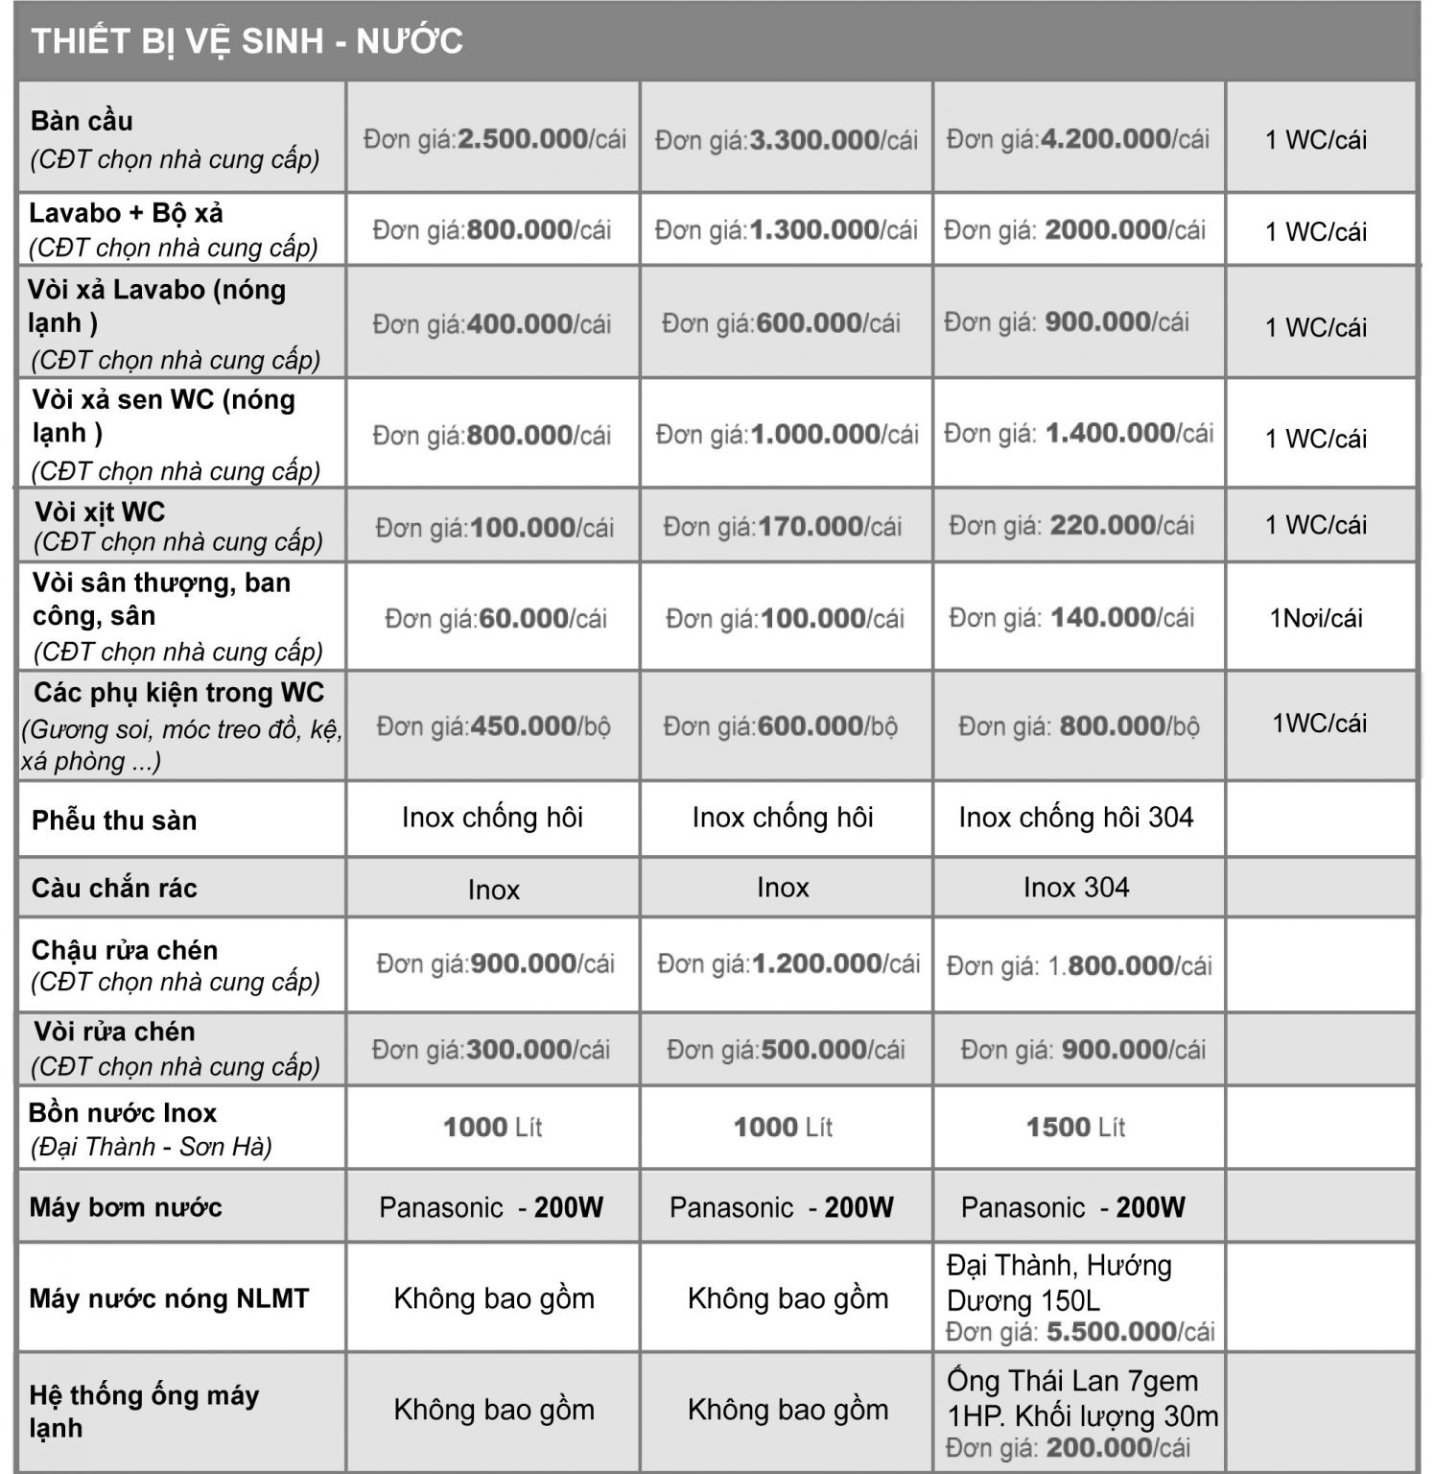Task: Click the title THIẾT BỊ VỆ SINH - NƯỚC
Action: tap(247, 41)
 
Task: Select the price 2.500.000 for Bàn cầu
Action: tap(523, 139)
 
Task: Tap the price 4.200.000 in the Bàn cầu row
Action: tap(1105, 139)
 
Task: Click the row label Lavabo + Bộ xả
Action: tap(126, 213)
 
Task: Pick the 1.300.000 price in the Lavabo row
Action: tap(814, 230)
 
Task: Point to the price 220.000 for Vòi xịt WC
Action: tap(1102, 525)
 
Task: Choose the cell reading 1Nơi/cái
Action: tap(1316, 618)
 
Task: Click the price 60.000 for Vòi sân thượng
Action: tap(524, 619)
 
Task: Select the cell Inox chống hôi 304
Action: tap(1075, 818)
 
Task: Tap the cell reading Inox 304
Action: tap(1075, 888)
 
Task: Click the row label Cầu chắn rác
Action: tap(114, 888)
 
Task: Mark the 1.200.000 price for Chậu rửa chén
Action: tap(817, 963)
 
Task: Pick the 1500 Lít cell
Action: tap(1075, 1127)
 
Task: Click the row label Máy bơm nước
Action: tap(126, 1207)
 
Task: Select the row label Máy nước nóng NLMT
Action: tap(169, 1298)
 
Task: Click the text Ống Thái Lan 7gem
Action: tap(1072, 1381)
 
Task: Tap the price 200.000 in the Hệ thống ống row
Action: tap(1099, 1447)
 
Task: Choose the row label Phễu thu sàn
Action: tap(114, 820)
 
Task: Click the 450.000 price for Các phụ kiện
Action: tap(523, 726)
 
